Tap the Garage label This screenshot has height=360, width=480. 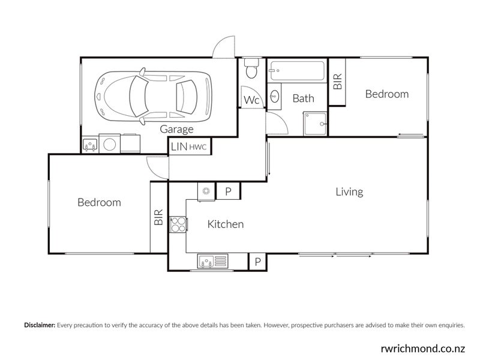pos(176,129)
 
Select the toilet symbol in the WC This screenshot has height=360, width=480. pos(251,69)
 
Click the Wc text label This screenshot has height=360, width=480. pos(251,100)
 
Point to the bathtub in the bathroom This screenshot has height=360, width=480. pos(296,71)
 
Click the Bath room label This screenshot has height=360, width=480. pos(303,98)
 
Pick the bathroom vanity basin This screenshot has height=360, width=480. pos(275,97)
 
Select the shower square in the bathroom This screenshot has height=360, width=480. pos(315,124)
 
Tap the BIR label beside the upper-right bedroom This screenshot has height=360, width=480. pos(337,82)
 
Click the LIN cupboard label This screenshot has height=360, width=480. pos(179,147)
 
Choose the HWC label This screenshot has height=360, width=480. pos(198,147)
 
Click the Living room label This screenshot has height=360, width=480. pos(349,192)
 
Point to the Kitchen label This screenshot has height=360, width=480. pos(226,224)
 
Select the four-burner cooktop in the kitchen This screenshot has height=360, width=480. pos(178,224)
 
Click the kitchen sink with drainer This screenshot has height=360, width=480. pos(212,261)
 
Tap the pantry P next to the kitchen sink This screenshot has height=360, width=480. pos(258,262)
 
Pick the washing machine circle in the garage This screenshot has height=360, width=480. pos(109,144)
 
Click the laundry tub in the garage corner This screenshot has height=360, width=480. pos(90,144)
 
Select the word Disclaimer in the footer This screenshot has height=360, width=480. pos(40,325)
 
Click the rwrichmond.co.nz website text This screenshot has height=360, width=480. pos(423,349)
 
